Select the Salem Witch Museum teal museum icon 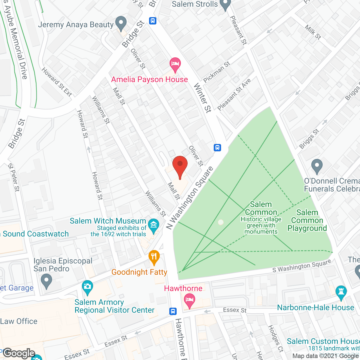[x=154, y=225]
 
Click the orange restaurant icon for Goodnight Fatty [x=154, y=257]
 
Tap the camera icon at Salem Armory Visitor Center [x=87, y=287]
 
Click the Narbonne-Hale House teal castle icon [x=341, y=292]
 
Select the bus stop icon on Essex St [x=173, y=311]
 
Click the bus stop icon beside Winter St [x=217, y=147]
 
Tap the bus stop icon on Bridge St [x=153, y=21]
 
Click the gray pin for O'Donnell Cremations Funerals [x=317, y=166]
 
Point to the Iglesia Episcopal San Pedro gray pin [x=46, y=281]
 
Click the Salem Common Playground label [x=307, y=220]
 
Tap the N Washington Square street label [x=190, y=198]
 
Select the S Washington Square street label [x=301, y=266]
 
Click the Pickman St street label [x=217, y=72]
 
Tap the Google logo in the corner [x=19, y=353]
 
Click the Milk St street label [x=313, y=32]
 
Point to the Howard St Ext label [x=57, y=82]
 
